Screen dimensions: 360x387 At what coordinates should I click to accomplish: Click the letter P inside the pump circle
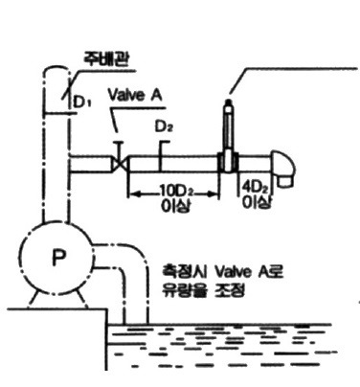coord(59,258)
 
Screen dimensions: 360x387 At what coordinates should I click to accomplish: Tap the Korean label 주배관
coord(106,58)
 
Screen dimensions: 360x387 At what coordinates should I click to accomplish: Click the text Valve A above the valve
coord(135,95)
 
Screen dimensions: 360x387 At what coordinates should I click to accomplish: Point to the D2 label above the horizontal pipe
coord(164,126)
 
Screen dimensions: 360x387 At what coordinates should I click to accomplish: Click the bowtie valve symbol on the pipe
coord(120,164)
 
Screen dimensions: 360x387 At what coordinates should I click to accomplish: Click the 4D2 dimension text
coord(256,186)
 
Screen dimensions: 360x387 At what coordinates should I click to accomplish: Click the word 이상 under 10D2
coord(176,205)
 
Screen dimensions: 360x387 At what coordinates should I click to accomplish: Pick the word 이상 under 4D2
coord(258,201)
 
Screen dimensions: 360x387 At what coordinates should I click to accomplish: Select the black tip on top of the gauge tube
coord(228,102)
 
